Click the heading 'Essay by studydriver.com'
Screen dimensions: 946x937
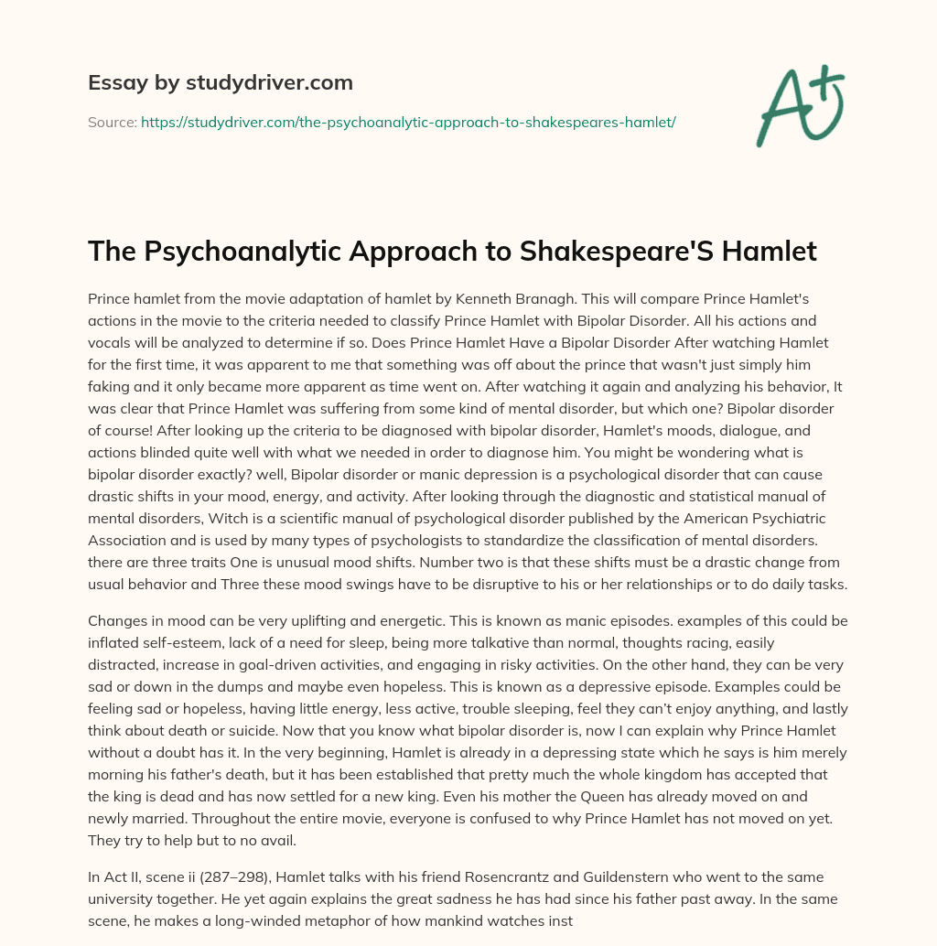(221, 83)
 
